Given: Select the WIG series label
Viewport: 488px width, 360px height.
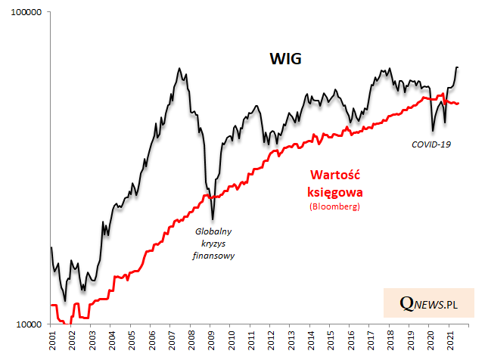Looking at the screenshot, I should [x=286, y=59].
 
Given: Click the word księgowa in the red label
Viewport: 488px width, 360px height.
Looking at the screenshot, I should [x=333, y=191].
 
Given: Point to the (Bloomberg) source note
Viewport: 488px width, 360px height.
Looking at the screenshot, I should [x=333, y=206].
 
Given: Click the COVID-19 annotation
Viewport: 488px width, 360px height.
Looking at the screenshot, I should [x=430, y=144].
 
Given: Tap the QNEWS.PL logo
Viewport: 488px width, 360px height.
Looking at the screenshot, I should [x=429, y=303].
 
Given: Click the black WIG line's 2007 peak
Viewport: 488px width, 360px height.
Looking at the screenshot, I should [x=179, y=68].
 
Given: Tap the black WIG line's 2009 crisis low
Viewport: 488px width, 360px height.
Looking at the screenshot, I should [x=213, y=219].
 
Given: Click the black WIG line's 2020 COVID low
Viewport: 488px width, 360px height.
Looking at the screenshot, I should [x=432, y=131].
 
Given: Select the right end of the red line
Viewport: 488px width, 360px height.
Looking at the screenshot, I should [x=458, y=103].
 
